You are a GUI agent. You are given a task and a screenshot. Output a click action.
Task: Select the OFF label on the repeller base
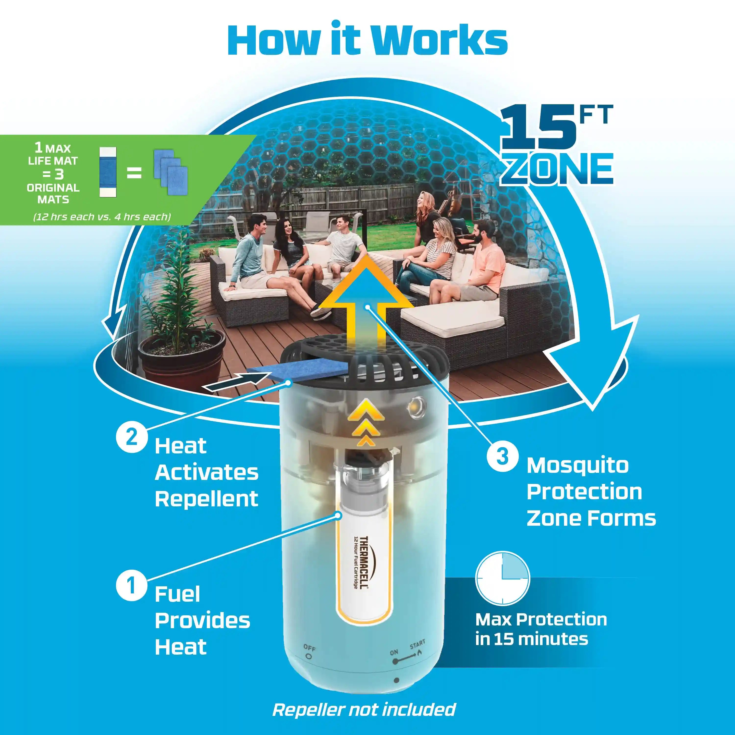pyautogui.click(x=309, y=648)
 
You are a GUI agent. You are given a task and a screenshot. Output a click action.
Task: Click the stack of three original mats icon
pyautogui.click(x=171, y=168)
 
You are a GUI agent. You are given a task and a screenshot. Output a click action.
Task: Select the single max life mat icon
pyautogui.click(x=108, y=172)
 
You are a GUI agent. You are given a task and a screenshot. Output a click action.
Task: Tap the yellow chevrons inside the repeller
pyautogui.click(x=365, y=422)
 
